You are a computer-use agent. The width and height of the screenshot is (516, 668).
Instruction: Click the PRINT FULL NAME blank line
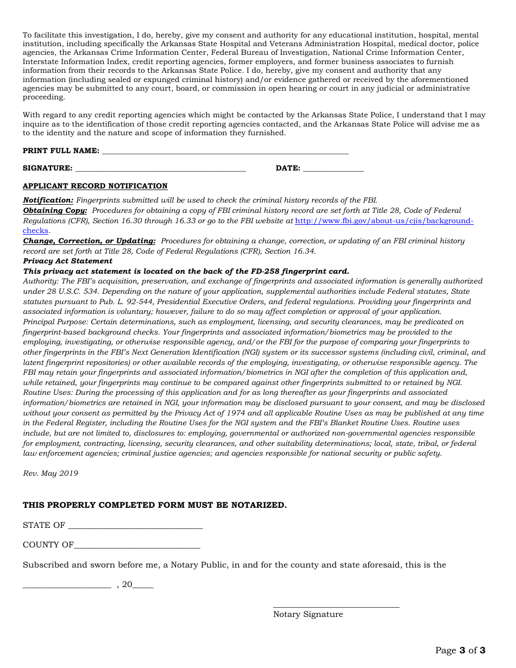pos(225,153)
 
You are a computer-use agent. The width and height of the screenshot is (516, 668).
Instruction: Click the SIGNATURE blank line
pos(160,170)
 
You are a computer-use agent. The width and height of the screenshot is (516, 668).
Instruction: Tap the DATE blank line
pos(333,170)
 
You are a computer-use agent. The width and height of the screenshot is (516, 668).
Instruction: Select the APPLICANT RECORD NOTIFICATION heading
pos(95,186)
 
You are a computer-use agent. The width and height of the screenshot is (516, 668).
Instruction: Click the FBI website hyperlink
pos(383,221)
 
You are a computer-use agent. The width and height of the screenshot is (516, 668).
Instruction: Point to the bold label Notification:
pos(48,200)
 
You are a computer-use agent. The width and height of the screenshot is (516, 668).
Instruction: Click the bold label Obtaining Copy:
pos(55,211)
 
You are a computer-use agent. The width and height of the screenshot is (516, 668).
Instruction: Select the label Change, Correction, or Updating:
pos(89,241)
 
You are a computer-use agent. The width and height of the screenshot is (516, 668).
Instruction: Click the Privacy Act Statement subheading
pos(67,261)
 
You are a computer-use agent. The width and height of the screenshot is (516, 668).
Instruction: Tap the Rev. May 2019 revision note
pos(51,474)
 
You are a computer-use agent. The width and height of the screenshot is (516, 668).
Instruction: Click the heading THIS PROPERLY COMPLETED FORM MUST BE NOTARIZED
pos(154,506)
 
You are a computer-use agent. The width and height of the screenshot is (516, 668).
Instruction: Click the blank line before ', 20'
pos(67,587)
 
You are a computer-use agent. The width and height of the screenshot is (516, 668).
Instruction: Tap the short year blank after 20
pos(143,587)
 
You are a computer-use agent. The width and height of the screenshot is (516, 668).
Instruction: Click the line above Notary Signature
pos(336,607)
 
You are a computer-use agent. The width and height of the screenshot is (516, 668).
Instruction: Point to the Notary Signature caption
pos(308,615)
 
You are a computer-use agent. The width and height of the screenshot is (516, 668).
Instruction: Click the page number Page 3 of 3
pos(460,651)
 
